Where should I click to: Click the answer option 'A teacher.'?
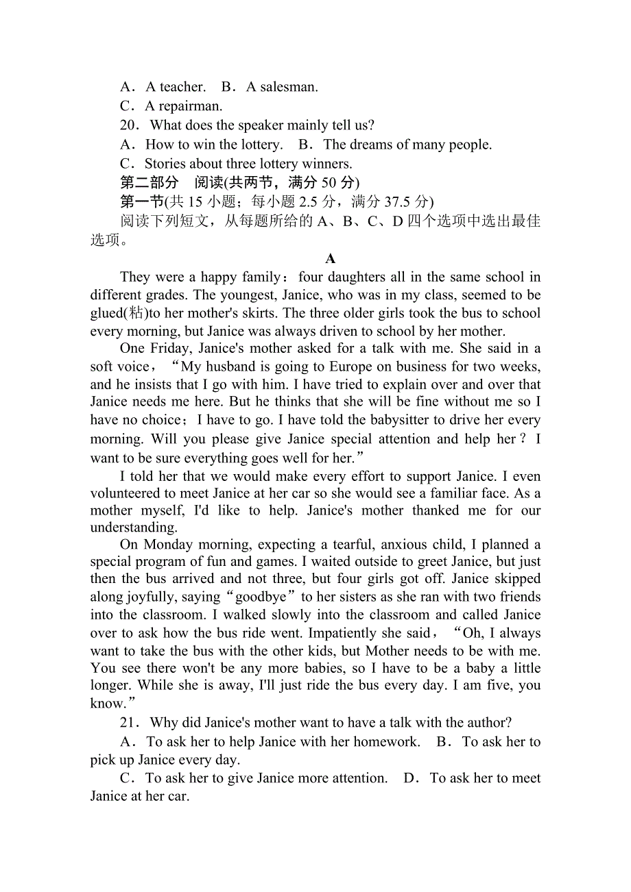pyautogui.click(x=175, y=87)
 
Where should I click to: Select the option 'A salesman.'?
pyautogui.click(x=281, y=87)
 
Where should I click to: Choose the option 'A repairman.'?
pyautogui.click(x=183, y=106)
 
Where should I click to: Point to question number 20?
pyautogui.click(x=129, y=125)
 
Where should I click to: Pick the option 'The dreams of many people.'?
pyautogui.click(x=407, y=145)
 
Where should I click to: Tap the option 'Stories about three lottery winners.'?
pyautogui.click(x=248, y=164)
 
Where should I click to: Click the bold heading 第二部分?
pyautogui.click(x=149, y=183)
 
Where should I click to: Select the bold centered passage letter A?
pyautogui.click(x=331, y=259)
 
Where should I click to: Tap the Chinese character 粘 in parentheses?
pyautogui.click(x=136, y=313)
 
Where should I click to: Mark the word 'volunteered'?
pyautogui.click(x=128, y=493)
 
